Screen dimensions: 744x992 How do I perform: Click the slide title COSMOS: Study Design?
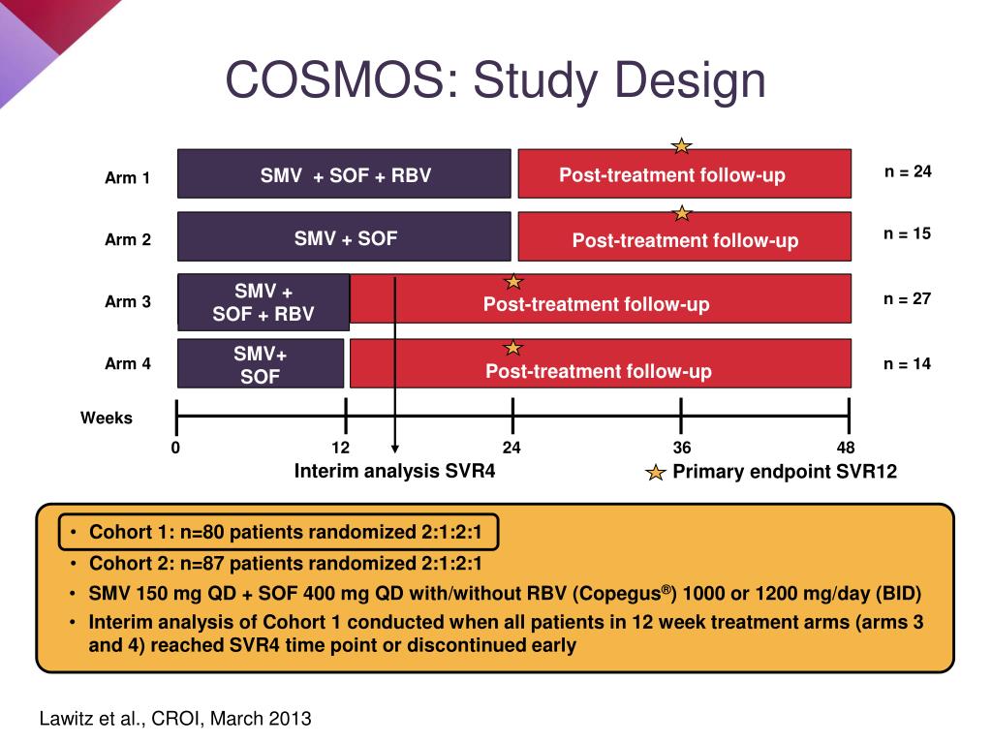click(x=495, y=80)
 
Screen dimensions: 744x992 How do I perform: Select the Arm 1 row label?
click(x=128, y=178)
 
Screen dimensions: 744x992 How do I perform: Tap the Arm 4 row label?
click(x=128, y=364)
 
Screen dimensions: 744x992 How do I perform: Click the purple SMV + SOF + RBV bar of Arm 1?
click(x=344, y=174)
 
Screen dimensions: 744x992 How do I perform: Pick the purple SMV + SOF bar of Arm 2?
click(x=344, y=237)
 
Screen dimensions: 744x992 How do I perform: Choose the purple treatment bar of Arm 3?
click(x=263, y=301)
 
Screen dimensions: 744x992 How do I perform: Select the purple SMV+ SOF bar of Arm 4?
click(x=260, y=363)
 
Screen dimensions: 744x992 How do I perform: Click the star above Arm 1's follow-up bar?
click(x=682, y=146)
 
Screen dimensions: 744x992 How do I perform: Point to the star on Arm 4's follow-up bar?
click(x=512, y=347)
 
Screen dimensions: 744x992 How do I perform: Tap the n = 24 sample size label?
click(x=907, y=171)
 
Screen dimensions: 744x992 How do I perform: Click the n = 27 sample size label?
click(x=907, y=298)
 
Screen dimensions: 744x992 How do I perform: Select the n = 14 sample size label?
click(x=907, y=364)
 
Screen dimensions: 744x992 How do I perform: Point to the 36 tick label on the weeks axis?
click(x=682, y=448)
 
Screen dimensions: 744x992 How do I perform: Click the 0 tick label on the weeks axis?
click(x=175, y=448)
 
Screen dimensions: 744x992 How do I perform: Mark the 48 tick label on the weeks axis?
click(x=847, y=448)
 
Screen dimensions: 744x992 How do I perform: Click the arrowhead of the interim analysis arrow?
click(x=395, y=449)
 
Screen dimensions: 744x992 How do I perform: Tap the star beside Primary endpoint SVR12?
click(x=656, y=473)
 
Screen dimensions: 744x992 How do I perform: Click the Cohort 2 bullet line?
click(x=286, y=564)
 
